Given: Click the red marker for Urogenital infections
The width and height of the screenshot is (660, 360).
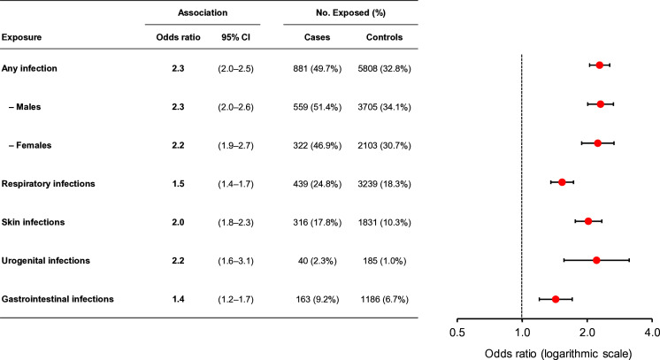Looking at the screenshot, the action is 596,260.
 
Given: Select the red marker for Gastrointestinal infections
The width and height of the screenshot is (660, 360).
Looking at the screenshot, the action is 556,299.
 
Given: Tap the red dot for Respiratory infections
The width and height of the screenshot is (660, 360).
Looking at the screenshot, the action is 562,182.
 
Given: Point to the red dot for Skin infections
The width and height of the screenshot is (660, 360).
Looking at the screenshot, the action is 588,221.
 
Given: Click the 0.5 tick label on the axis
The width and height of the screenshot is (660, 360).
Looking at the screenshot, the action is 457,333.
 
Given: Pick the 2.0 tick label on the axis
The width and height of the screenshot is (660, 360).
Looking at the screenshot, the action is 587,333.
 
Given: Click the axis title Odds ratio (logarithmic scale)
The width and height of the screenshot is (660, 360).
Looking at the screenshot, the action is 558,354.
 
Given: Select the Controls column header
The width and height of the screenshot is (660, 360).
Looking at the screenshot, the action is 384,37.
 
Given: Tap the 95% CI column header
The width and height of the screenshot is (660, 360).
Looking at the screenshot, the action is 235,37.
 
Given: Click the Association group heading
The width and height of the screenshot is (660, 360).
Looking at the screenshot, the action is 203,12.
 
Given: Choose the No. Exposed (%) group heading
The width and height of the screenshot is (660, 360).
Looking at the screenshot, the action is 350,12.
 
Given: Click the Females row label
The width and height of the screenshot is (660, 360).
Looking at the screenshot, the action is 30,145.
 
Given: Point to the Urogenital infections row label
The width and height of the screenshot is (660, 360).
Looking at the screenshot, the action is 45,261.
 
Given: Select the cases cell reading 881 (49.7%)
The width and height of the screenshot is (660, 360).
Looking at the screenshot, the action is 318,68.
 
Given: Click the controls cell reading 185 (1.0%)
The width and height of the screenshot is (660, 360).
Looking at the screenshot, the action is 384,261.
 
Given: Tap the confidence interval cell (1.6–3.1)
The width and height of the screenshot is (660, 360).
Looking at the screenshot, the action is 235,261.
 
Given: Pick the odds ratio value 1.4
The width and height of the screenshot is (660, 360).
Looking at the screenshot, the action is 178,299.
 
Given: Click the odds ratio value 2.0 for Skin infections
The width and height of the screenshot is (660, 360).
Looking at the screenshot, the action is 178,222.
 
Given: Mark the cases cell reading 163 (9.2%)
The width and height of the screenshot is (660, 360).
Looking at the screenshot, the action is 318,299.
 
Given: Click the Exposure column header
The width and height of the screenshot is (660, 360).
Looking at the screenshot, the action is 21,37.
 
